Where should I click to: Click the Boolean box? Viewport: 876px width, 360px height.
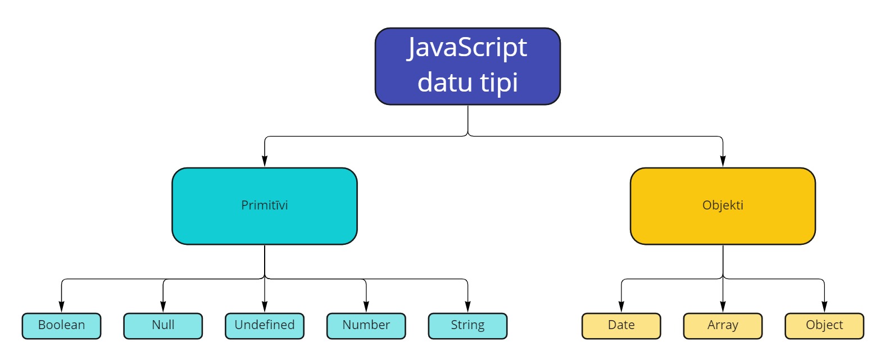point(61,326)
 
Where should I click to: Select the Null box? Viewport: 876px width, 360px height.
point(163,326)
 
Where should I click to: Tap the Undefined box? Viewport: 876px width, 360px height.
point(265,326)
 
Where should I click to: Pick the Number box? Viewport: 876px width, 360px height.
point(366,326)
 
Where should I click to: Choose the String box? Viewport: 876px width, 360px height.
point(467,326)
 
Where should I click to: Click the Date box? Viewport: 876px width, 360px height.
point(621,326)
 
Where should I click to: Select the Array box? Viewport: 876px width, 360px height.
point(723,326)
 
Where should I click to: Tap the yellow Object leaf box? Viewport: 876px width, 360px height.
point(825,326)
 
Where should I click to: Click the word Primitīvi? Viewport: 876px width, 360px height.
point(265,205)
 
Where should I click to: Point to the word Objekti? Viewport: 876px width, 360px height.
point(723,205)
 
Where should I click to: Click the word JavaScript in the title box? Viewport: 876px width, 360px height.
point(467,48)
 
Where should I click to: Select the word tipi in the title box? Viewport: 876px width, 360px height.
point(499,83)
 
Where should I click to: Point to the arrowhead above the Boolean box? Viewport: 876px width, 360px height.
point(61,307)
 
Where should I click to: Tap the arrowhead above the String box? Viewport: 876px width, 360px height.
point(467,307)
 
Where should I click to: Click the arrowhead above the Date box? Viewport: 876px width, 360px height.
point(621,307)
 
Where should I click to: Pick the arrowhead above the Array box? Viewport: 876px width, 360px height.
point(723,307)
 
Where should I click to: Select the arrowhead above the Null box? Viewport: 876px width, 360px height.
point(163,307)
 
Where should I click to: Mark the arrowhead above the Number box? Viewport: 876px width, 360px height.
point(366,307)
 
